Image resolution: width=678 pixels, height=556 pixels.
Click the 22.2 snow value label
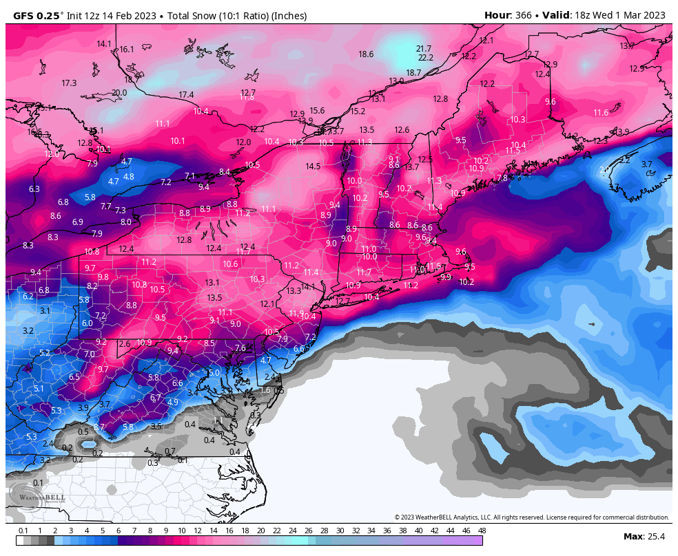pos(426,57)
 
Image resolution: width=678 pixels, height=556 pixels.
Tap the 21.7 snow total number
pos(424,48)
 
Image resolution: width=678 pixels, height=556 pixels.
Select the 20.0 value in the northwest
pos(119,92)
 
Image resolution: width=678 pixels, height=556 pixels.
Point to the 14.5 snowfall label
pos(313,166)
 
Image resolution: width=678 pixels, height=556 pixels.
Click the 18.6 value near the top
pos(366,54)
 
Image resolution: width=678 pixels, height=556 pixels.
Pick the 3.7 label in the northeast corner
pos(646,164)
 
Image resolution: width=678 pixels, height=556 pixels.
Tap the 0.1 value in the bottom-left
pos(38,482)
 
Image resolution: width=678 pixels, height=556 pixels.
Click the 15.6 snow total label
pos(317,110)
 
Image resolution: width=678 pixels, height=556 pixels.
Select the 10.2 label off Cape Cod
pos(466,281)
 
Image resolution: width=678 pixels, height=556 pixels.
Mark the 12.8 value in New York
pos(184,239)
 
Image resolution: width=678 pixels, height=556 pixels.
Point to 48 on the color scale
pos(482,531)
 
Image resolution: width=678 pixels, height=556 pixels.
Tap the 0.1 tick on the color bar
pos(23,531)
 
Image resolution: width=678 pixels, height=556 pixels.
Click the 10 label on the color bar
pos(181,531)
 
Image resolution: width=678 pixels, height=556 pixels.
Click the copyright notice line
pos(531,517)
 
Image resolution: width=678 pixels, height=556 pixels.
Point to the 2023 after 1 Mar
pos(653,15)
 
